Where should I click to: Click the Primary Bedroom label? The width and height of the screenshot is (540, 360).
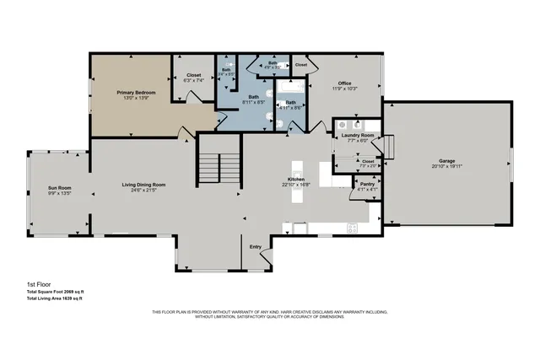(x=131, y=93)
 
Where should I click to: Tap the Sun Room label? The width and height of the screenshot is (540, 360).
(x=58, y=186)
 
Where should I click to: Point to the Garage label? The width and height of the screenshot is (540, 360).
(x=445, y=161)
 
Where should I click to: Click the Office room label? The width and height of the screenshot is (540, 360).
(x=345, y=82)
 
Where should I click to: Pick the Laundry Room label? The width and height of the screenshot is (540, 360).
(x=358, y=135)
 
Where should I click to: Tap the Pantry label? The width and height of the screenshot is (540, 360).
(x=367, y=183)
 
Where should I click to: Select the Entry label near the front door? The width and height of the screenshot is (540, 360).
(x=255, y=246)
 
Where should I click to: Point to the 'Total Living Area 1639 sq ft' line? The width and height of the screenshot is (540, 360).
(x=55, y=298)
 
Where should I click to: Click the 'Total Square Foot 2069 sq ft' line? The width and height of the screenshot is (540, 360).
(x=56, y=292)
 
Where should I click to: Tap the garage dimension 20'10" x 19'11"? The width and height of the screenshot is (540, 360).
(x=445, y=167)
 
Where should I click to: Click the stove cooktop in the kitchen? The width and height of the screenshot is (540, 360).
(x=353, y=226)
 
